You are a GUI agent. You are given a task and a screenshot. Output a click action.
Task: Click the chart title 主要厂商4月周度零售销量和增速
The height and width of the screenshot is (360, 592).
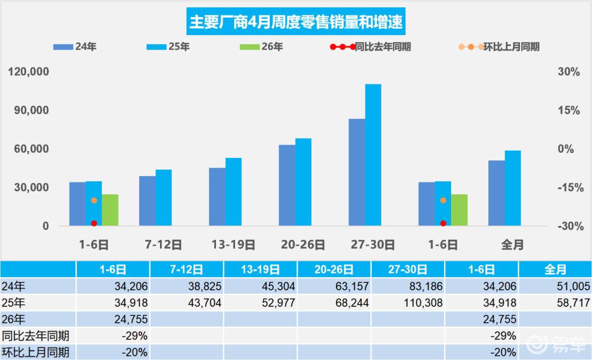[295, 22]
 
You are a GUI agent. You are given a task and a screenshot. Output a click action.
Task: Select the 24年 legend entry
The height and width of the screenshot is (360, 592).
[75, 47]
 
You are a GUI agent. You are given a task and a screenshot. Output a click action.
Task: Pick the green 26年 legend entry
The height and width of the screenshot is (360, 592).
[261, 47]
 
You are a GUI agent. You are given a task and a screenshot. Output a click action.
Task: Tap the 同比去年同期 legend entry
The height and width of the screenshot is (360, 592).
[372, 47]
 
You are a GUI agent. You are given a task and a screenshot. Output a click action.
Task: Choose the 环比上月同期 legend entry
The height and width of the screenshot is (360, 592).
[499, 47]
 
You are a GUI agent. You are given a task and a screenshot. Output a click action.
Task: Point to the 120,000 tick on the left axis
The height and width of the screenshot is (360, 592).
[28, 72]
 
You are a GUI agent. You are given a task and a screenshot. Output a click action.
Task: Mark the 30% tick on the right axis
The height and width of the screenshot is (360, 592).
[569, 72]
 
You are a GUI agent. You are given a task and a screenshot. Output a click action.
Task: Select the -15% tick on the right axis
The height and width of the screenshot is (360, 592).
[568, 188]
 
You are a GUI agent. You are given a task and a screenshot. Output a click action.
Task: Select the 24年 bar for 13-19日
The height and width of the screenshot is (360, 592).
[217, 197]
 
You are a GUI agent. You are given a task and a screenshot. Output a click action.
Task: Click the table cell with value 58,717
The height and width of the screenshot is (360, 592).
[554, 302]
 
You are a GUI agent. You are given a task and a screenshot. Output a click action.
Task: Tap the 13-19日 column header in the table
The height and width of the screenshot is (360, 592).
[260, 270]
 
